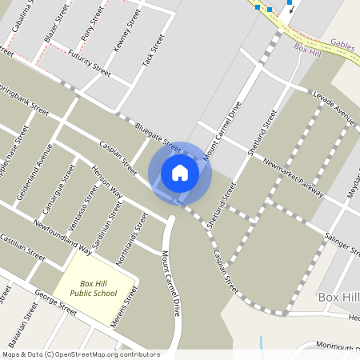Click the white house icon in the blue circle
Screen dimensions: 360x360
pyautogui.click(x=180, y=173)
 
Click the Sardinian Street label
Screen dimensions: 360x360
pyautogui.click(x=110, y=220)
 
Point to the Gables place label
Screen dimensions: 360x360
pyautogui.click(x=342, y=46)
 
